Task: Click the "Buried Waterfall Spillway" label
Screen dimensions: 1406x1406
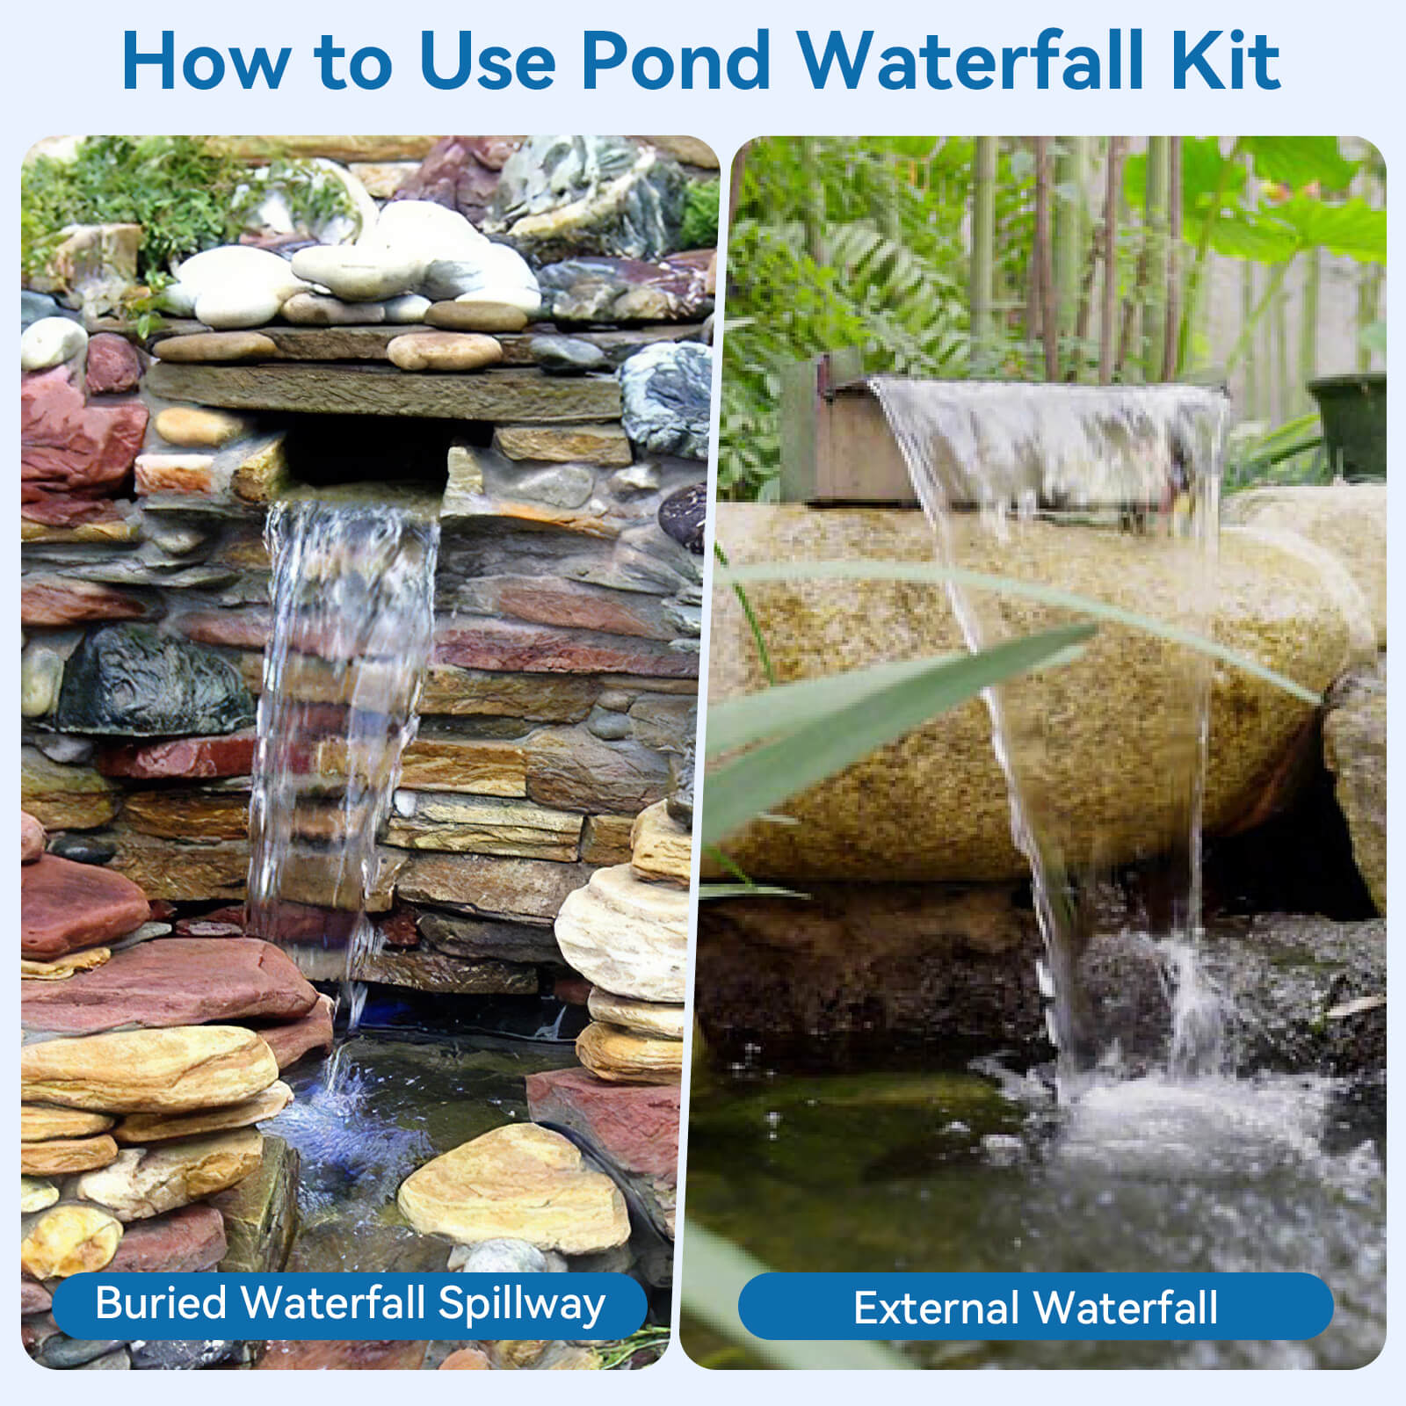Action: (350, 1304)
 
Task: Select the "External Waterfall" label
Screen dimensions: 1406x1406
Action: (1035, 1307)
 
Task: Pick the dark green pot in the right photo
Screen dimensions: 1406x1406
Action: (1349, 422)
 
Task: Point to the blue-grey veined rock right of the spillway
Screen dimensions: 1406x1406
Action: (668, 395)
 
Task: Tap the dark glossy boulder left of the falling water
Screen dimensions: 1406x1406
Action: (149, 681)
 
